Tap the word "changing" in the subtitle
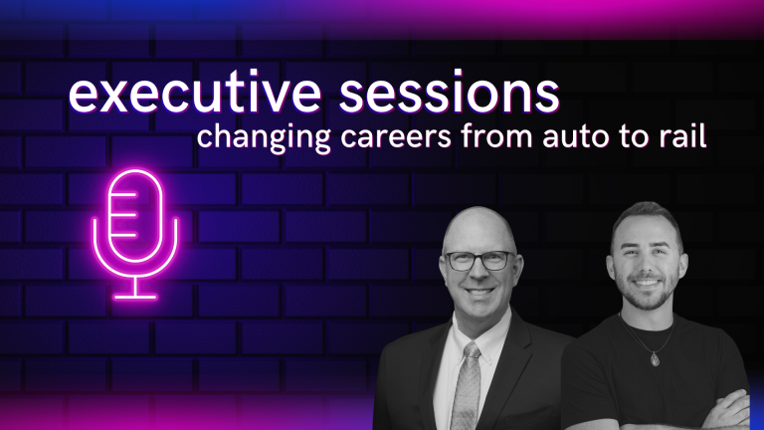point(264,137)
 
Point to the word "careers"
point(396,137)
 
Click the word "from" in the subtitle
point(497,135)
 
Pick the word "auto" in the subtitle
point(576,137)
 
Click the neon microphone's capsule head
point(135,215)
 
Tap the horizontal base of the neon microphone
point(135,297)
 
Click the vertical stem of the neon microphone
point(135,287)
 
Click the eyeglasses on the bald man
point(479,261)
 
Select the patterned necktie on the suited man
point(467,385)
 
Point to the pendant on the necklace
point(655,359)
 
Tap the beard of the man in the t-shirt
point(647,293)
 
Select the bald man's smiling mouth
point(478,293)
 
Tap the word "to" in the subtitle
point(635,137)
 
